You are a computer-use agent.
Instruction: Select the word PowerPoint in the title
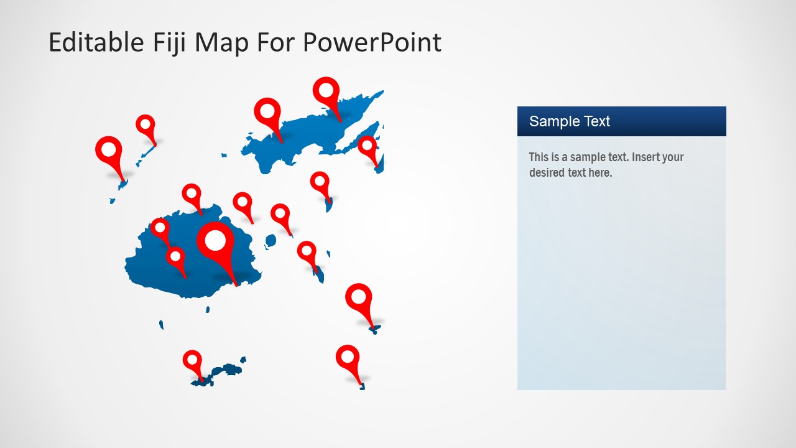click(x=372, y=42)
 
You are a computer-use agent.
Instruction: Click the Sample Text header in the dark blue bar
click(x=569, y=121)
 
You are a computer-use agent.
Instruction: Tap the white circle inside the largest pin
click(x=215, y=240)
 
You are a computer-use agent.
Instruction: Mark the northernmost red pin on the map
click(x=326, y=91)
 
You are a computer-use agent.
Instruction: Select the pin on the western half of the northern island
click(x=267, y=112)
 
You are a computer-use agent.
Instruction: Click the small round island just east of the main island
click(x=271, y=240)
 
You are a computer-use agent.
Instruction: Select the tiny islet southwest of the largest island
click(x=161, y=325)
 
